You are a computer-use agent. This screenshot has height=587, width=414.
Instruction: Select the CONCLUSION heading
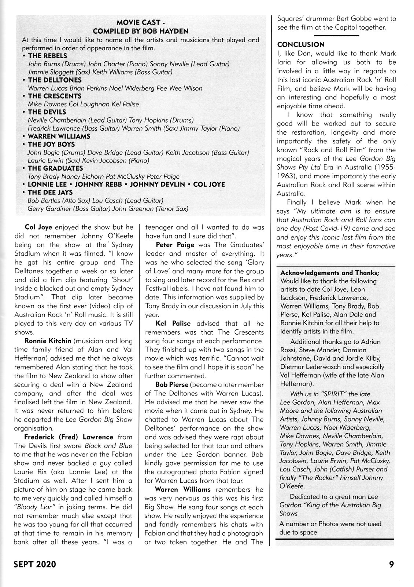[301, 45]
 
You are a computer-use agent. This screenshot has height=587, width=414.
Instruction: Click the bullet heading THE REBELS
[47, 56]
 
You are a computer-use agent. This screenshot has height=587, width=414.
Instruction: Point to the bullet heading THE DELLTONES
[55, 80]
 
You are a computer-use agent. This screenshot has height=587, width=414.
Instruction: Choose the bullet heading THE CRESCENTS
[55, 96]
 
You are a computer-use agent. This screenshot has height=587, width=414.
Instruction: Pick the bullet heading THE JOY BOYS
[51, 144]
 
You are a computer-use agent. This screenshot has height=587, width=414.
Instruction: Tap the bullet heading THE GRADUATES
[55, 168]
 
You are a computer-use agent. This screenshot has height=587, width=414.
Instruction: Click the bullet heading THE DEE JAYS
[50, 192]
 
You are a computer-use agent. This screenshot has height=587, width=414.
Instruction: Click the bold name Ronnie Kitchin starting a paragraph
[48, 341]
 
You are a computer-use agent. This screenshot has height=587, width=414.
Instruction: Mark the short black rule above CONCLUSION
[336, 35]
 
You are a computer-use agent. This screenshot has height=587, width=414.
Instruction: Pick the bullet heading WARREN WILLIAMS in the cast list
[59, 136]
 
